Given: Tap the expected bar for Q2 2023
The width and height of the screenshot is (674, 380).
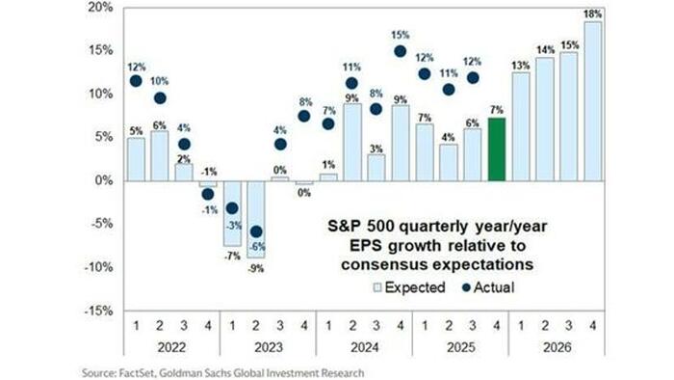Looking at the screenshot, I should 256,219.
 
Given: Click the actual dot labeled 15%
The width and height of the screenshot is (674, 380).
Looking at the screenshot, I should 401,52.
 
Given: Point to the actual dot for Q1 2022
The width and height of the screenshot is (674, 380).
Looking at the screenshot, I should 137,81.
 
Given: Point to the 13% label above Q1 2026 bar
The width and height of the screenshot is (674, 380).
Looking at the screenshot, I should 521,66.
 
